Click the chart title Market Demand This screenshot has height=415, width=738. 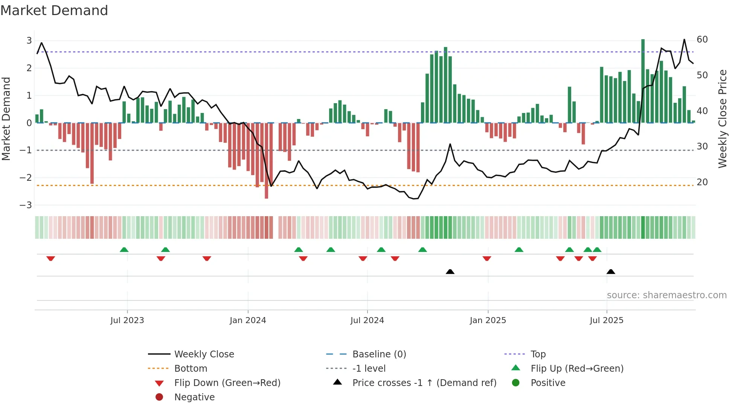[54, 11]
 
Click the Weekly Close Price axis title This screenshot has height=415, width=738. [722, 119]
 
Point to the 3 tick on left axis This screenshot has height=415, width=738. [29, 40]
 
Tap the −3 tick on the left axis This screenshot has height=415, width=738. [26, 205]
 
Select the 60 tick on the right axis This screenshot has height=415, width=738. [702, 40]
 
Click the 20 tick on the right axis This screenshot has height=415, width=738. [702, 182]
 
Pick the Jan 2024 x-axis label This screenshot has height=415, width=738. [248, 320]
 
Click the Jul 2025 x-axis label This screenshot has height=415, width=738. [606, 320]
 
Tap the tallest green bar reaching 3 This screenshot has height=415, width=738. [643, 81]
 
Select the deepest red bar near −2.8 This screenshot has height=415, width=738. [266, 162]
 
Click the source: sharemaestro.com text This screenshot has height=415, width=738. [666, 295]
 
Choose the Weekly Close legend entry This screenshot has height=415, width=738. [204, 354]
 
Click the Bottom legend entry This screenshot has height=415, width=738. [191, 369]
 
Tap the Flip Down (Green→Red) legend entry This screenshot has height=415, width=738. [227, 383]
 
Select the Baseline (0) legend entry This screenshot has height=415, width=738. [379, 354]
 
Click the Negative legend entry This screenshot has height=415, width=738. [194, 397]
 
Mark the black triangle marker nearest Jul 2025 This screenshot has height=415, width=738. [611, 272]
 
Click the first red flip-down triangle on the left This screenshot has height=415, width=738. [51, 258]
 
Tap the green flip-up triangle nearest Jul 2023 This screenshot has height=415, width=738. [124, 250]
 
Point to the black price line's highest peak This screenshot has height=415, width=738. [684, 40]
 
